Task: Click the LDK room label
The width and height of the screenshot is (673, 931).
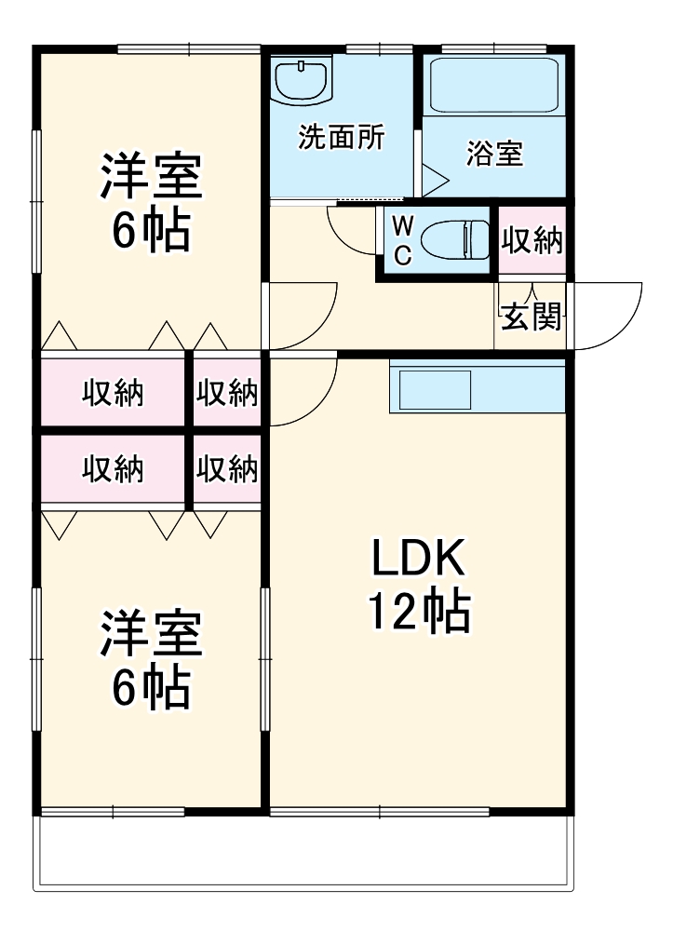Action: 418,559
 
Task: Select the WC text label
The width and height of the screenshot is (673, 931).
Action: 401,241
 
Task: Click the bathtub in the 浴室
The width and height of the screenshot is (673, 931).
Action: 494,85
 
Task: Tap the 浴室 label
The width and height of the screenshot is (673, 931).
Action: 494,154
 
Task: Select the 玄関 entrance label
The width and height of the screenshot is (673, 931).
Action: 532,317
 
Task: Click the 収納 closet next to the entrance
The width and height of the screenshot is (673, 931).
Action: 532,241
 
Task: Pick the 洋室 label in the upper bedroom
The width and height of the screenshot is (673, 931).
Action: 151,177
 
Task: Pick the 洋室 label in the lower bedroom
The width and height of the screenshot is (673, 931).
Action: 151,635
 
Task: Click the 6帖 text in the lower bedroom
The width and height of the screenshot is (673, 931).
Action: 151,689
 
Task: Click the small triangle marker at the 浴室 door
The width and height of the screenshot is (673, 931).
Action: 433,179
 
